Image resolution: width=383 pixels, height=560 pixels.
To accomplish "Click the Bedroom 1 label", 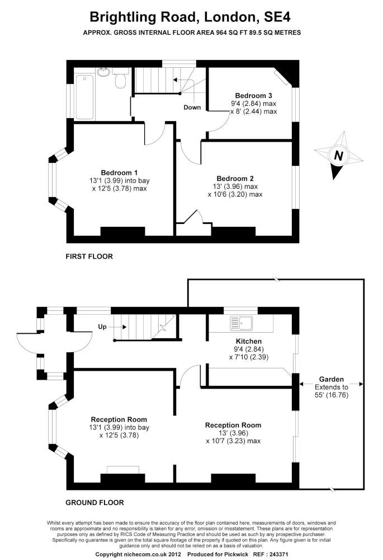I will [119, 172].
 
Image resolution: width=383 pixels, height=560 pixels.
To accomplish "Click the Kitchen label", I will [249, 341].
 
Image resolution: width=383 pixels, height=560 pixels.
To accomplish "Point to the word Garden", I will [332, 379].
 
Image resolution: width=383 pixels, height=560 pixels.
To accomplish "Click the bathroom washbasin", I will [103, 72].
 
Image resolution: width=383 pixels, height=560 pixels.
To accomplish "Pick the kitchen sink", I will [242, 323].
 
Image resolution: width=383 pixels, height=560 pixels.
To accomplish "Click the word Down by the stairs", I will [192, 108].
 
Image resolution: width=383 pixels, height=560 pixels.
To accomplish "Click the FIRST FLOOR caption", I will [89, 257].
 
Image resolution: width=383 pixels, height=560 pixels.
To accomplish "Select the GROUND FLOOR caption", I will [95, 502].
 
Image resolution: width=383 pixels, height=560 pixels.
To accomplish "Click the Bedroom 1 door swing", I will [154, 133].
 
